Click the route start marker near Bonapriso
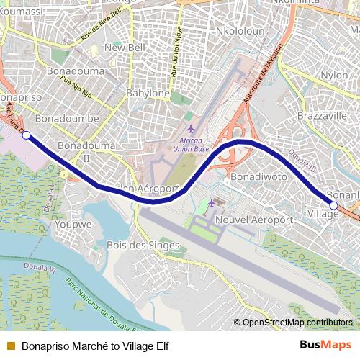coord(26,135)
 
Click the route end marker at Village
coord(333,205)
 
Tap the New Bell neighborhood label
coord(120,48)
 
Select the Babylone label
coord(147,94)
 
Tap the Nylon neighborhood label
coord(334,75)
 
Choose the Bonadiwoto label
coord(258,175)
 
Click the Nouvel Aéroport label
coord(254,220)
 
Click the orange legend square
coord(10,346)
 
